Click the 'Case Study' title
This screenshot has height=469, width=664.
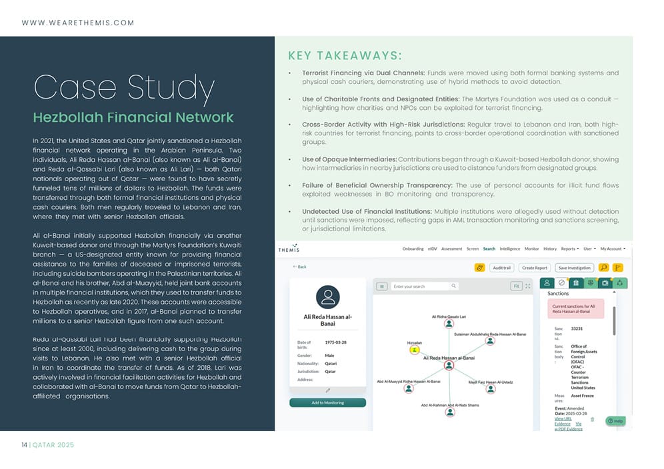[123, 89]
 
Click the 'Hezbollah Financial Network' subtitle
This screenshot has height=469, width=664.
[133, 118]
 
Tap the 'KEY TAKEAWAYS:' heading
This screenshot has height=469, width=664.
[345, 55]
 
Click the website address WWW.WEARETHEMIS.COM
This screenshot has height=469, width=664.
[78, 23]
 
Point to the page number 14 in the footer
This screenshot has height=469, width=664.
[23, 444]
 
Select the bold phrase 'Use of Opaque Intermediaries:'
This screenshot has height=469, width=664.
[349, 160]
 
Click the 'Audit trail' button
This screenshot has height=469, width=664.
[501, 268]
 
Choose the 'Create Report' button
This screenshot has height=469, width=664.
[535, 268]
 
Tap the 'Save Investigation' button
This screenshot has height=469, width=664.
[574, 268]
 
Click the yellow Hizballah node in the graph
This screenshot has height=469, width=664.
[414, 348]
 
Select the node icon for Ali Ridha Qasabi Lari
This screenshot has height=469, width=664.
[449, 324]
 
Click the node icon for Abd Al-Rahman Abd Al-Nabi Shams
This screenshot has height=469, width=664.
[450, 412]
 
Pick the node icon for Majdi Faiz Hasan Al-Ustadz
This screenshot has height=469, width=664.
[490, 388]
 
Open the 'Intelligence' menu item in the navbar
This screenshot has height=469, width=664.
[510, 249]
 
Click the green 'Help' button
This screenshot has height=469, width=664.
[615, 421]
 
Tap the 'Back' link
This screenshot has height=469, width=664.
[300, 266]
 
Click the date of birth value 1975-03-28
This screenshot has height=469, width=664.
[335, 342]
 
